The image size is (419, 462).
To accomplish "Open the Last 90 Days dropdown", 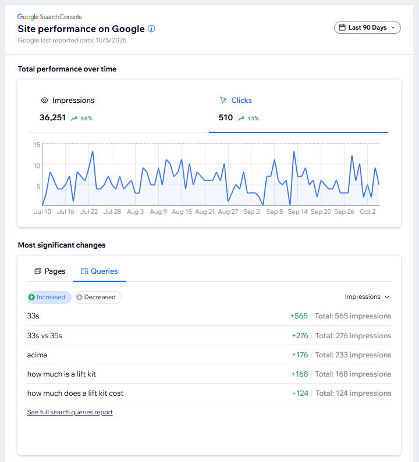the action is (367, 28).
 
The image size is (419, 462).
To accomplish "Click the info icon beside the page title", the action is (151, 28).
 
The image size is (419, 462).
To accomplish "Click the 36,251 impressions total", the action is (52, 117).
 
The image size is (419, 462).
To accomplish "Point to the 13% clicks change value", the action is (253, 119).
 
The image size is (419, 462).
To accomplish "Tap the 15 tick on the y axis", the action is (37, 145).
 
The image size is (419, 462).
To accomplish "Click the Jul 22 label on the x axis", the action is (89, 212).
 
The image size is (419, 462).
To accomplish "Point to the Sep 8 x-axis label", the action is (275, 212).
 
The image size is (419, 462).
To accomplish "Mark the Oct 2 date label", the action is (367, 212).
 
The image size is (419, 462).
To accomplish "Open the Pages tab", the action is (50, 271).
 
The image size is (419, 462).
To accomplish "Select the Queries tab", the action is (100, 271).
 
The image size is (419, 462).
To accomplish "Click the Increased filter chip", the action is (49, 298).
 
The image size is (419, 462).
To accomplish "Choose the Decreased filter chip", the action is (98, 298).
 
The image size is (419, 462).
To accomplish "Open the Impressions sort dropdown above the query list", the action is (367, 297).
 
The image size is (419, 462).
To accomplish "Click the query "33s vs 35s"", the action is (45, 335).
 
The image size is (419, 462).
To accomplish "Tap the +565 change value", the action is (299, 316).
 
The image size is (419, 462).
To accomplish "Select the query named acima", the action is (37, 354).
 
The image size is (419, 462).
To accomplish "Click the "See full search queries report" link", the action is (70, 412).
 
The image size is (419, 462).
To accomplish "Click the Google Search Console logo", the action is (49, 17).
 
